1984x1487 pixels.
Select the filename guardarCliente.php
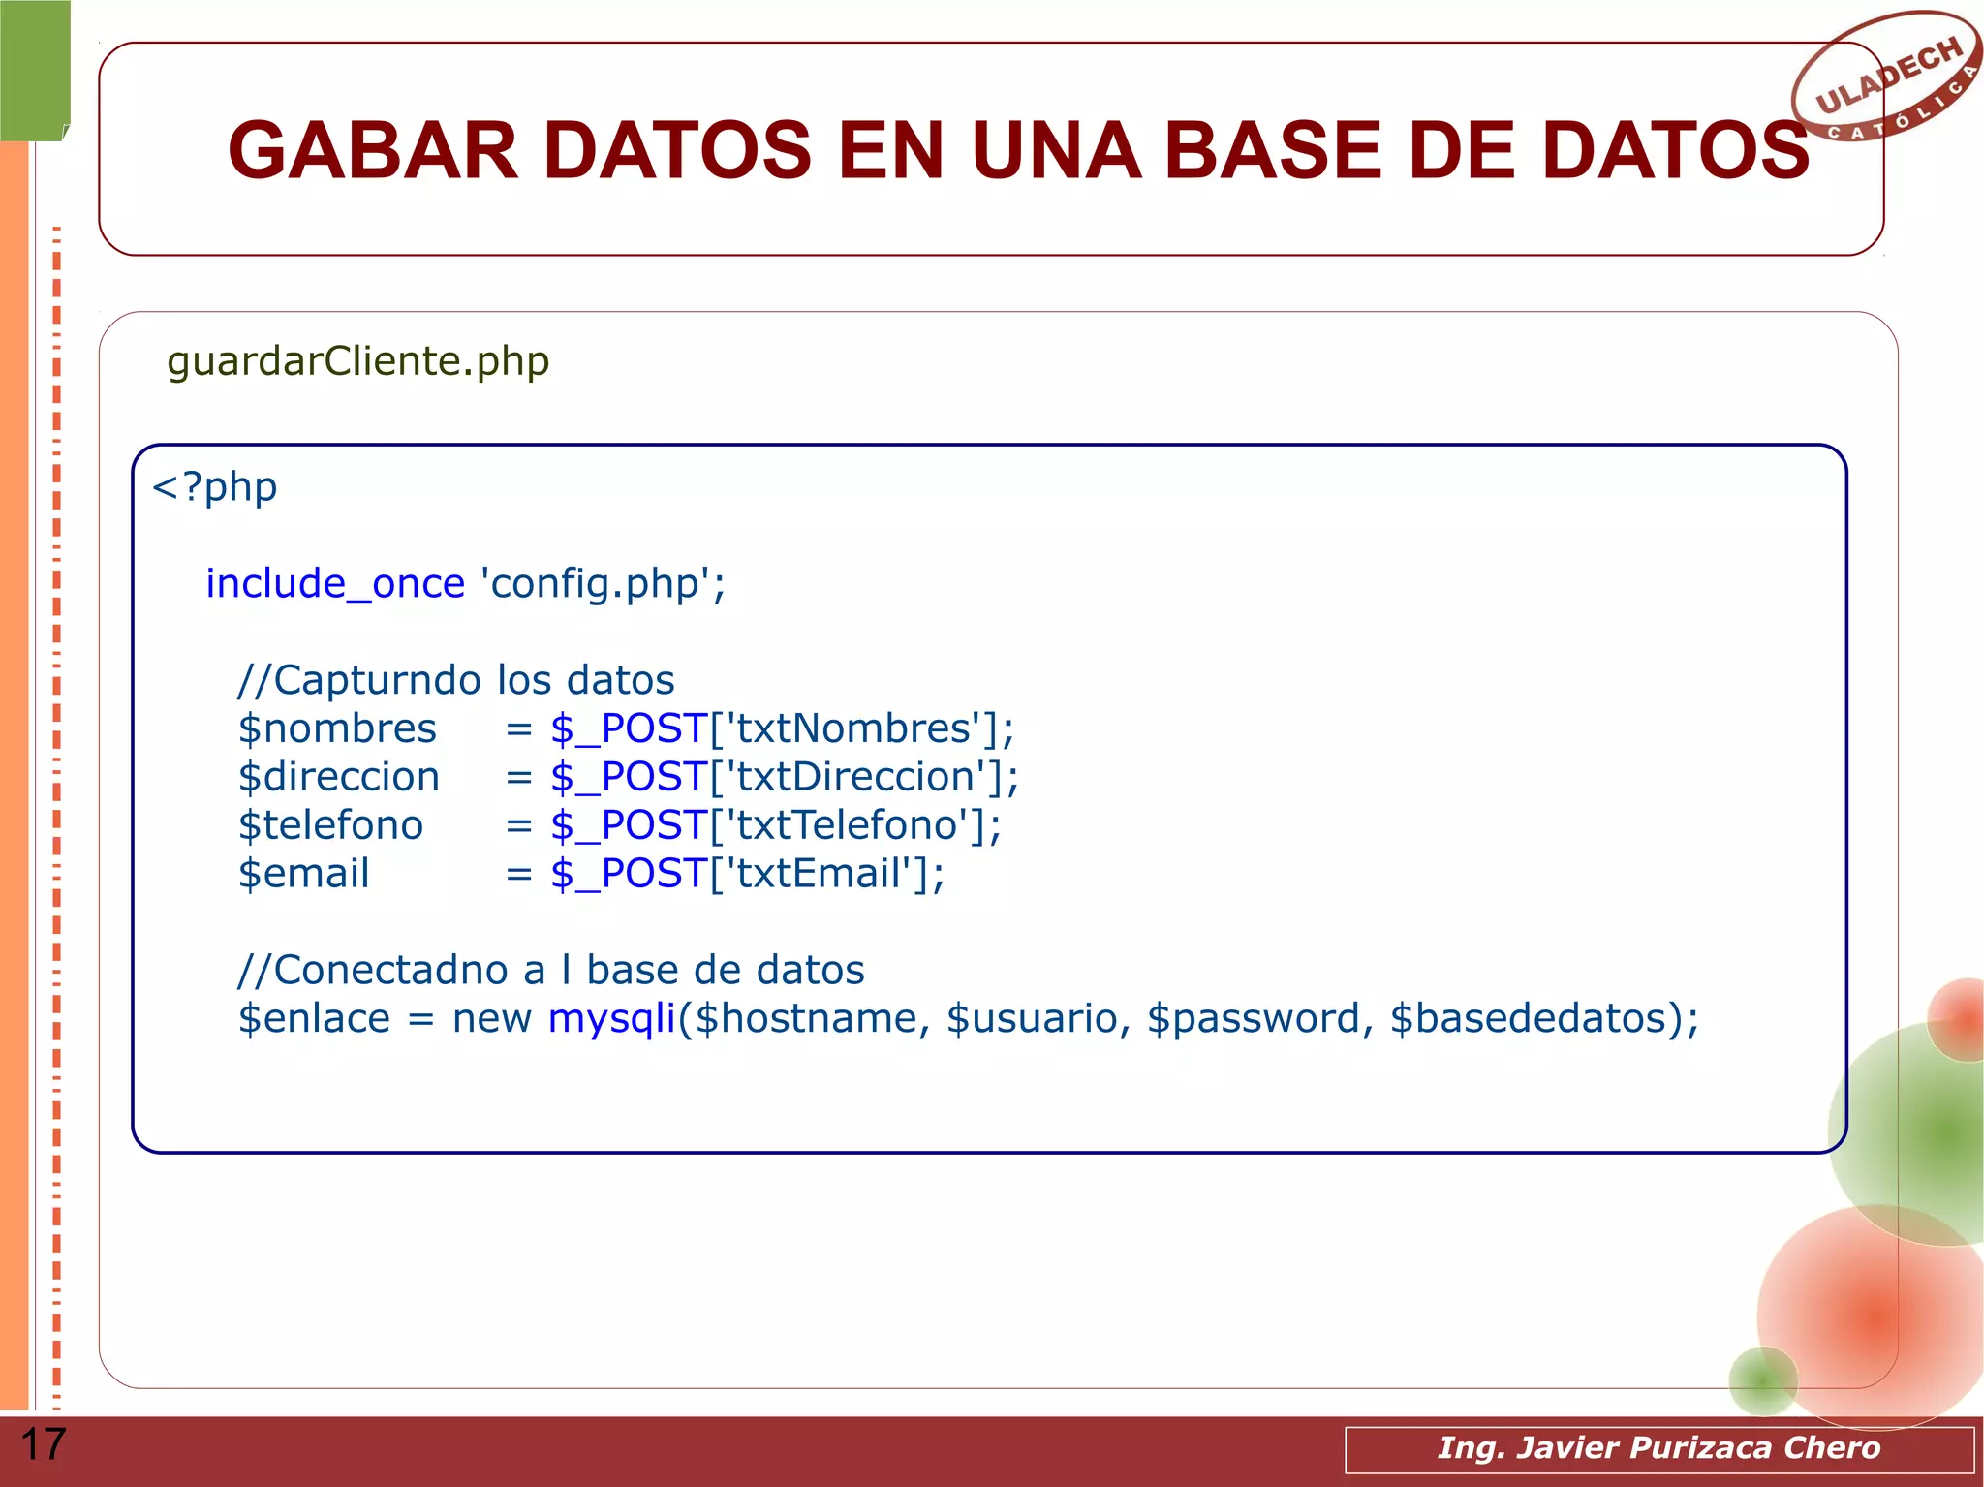point(357,361)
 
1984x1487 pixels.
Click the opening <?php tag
point(214,487)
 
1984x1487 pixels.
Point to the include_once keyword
point(335,584)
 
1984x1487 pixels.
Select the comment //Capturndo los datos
point(455,680)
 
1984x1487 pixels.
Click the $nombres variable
point(337,728)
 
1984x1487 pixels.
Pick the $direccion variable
point(338,777)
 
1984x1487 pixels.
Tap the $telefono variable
point(330,825)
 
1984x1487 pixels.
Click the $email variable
point(303,874)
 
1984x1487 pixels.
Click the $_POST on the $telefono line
point(629,825)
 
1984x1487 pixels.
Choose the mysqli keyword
point(611,1018)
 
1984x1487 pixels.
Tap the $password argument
point(1254,1018)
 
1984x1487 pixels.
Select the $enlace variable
point(314,1018)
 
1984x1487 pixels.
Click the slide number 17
point(43,1444)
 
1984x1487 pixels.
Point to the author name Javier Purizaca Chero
point(1697,1447)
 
